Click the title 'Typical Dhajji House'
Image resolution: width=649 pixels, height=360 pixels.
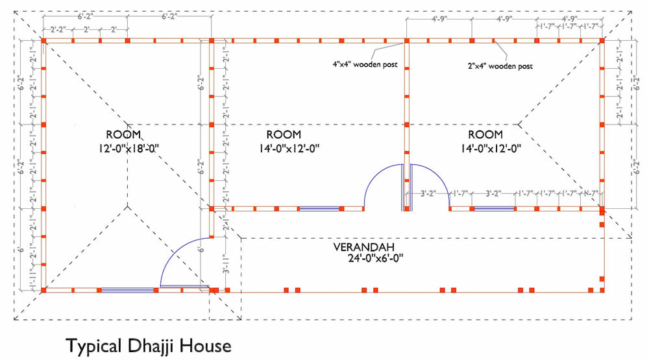point(148,345)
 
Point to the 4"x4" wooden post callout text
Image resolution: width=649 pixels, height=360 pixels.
point(363,65)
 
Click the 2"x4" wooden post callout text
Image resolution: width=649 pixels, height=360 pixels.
point(500,66)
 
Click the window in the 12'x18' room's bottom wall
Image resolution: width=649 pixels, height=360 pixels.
point(127,290)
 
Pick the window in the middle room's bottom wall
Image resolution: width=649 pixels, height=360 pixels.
point(319,209)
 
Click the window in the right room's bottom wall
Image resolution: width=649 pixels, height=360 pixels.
point(493,209)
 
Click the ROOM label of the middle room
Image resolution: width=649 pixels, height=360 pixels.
point(284,135)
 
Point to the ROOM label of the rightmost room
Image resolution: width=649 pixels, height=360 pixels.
point(485,135)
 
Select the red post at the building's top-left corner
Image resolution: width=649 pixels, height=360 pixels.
point(43,41)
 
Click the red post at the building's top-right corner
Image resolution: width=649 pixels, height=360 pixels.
point(602,41)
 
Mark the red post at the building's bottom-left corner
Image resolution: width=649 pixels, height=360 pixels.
point(43,290)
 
